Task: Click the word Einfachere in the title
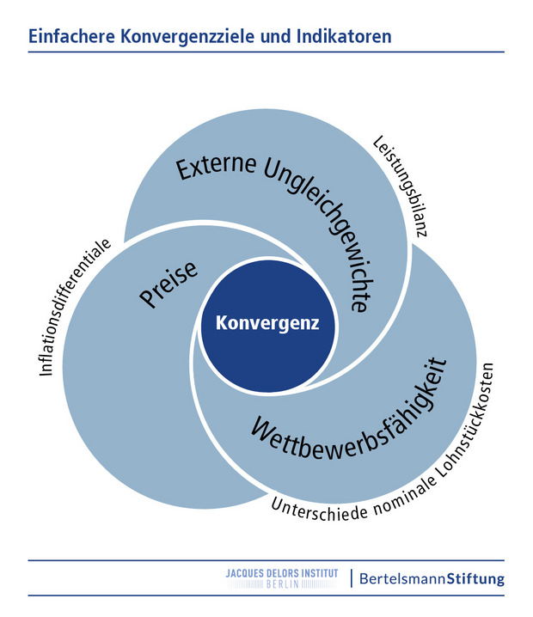(x=71, y=36)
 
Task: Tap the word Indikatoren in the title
(x=344, y=36)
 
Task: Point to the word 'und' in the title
(x=276, y=36)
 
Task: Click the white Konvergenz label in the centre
(x=267, y=323)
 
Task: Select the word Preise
(x=168, y=284)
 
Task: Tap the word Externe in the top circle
(x=216, y=167)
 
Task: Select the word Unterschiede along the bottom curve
(x=319, y=510)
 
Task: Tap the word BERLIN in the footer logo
(x=283, y=584)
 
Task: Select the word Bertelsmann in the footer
(x=402, y=578)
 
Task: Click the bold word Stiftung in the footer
(x=475, y=579)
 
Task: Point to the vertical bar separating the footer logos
(x=352, y=578)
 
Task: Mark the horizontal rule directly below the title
(x=266, y=52)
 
